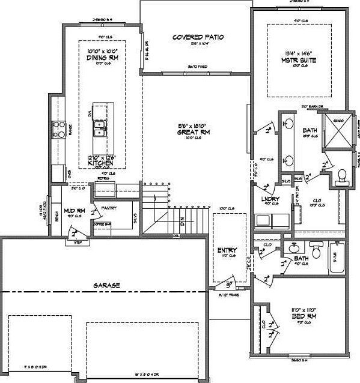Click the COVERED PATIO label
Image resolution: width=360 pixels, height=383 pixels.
(198, 37)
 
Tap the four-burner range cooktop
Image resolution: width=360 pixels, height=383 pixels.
(61, 127)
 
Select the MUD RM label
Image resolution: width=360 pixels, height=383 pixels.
(72, 211)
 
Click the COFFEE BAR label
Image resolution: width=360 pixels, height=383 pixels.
(103, 224)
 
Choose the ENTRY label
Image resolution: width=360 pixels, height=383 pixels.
(227, 250)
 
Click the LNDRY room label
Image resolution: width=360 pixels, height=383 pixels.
(268, 199)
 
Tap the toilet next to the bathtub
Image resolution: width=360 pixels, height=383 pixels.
(316, 248)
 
